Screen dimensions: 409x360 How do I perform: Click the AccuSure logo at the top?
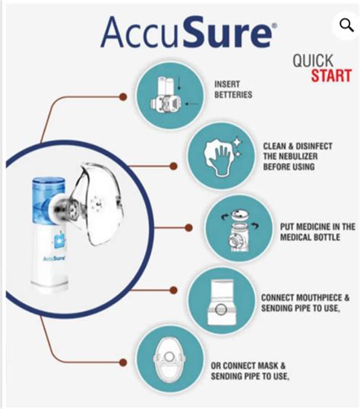tap(185, 33)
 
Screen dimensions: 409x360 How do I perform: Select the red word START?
tap(330, 75)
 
